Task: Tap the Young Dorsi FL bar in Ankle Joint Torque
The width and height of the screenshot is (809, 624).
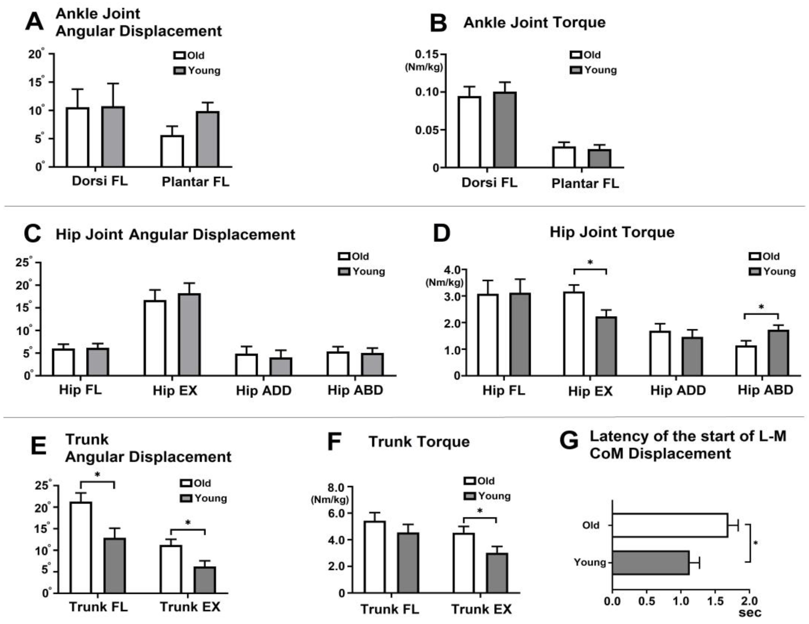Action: pos(505,130)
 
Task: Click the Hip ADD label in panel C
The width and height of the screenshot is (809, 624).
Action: pos(264,390)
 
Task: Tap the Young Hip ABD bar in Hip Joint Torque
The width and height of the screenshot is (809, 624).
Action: pos(778,353)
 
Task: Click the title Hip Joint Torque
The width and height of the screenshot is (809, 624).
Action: pos(612,233)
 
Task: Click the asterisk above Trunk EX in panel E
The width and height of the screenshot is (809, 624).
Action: pos(188,523)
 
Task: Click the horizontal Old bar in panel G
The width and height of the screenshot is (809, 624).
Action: pos(669,525)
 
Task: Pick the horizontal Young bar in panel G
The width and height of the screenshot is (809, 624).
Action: pos(650,563)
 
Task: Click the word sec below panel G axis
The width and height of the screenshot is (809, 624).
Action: pos(750,613)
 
